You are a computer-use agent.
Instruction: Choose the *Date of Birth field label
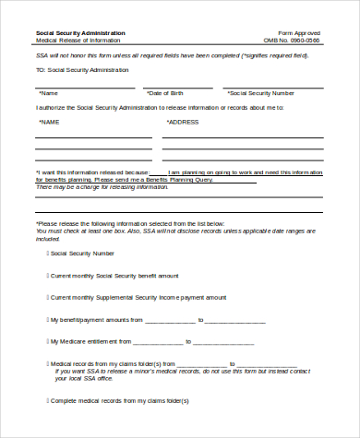pyautogui.click(x=167, y=93)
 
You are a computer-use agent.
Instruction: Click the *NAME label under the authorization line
pyautogui.click(x=48, y=121)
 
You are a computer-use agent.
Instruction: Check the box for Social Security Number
pyautogui.click(x=48, y=253)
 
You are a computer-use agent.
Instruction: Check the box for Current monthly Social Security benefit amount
pyautogui.click(x=48, y=275)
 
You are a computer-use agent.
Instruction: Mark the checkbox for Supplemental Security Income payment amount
pyautogui.click(x=48, y=297)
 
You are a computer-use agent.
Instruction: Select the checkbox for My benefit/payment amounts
pyautogui.click(x=48, y=320)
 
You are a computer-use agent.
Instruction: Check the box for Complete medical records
pyautogui.click(x=48, y=401)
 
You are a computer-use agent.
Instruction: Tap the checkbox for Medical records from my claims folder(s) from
pyautogui.click(x=48, y=364)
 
